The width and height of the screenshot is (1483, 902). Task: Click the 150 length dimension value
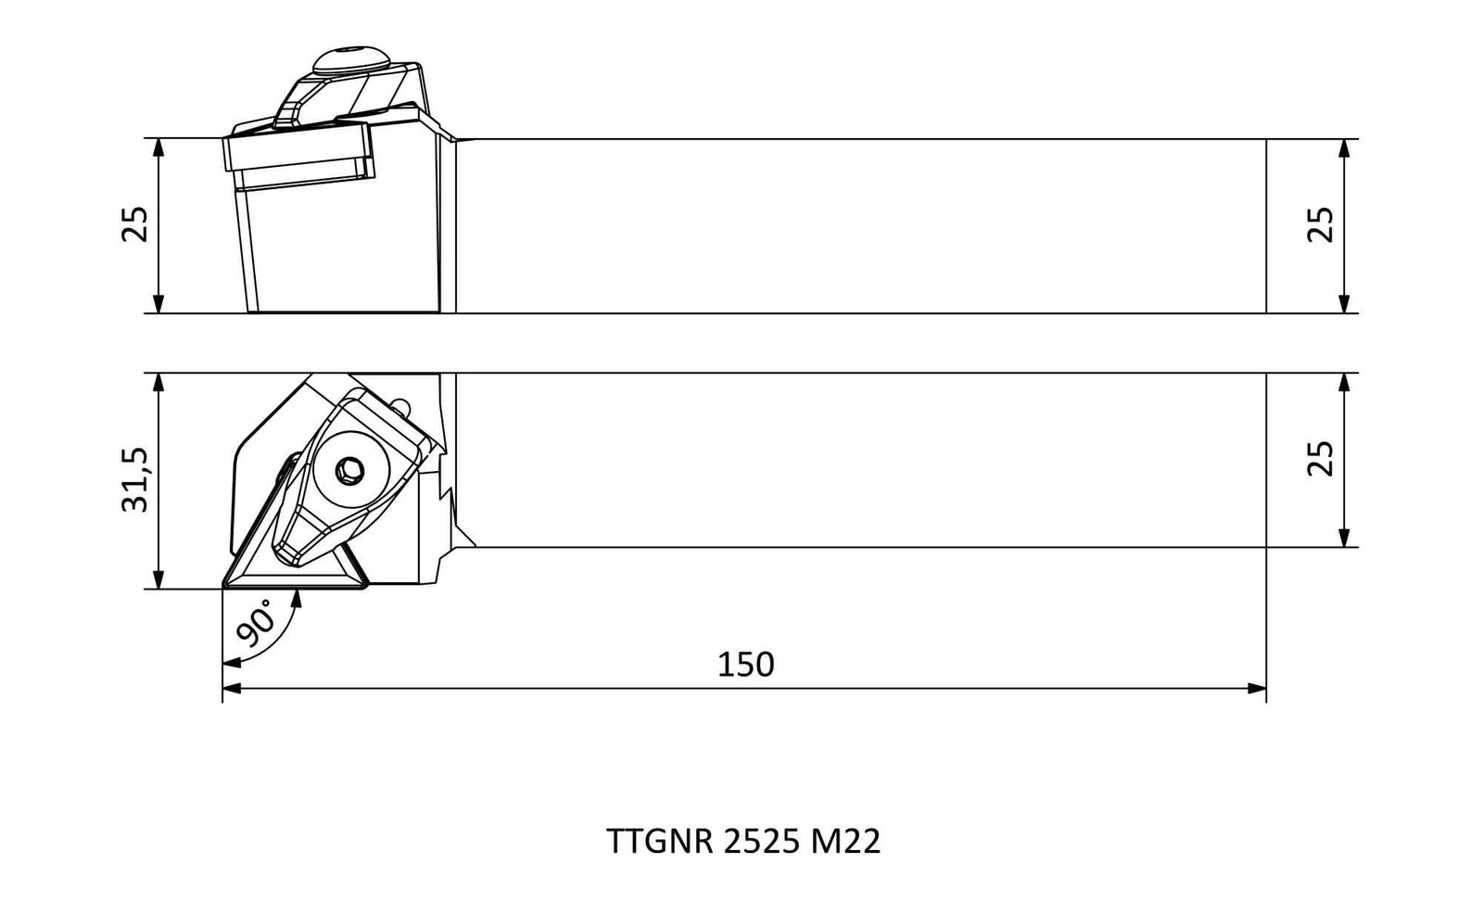745,665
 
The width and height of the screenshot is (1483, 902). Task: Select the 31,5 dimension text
135,479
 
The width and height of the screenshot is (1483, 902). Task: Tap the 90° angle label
256,623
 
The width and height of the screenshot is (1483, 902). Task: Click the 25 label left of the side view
135,224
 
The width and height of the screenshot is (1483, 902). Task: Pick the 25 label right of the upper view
1320,225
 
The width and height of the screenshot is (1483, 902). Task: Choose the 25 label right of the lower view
1320,458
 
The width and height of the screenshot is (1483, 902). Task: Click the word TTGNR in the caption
659,841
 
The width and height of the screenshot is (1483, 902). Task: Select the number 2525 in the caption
761,841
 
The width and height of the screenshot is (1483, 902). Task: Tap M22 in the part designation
845,841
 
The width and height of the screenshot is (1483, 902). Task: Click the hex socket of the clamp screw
349,471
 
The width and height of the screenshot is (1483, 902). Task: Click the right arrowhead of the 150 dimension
1257,689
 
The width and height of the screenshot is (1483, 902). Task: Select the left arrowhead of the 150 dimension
232,689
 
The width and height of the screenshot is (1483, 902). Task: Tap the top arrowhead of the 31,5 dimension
158,383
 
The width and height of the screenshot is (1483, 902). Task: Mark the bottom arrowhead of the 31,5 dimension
158,578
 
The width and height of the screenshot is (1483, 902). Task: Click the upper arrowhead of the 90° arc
297,599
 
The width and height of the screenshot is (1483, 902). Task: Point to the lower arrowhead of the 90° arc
233,662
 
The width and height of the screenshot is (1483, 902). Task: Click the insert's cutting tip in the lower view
223,587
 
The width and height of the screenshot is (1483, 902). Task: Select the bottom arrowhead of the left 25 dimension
158,303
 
